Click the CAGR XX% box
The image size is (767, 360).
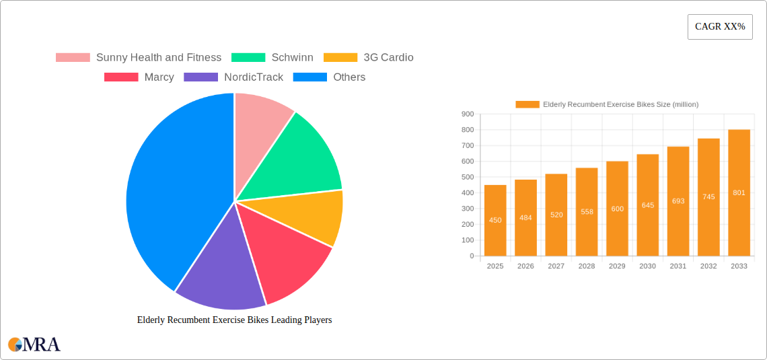coord(720,27)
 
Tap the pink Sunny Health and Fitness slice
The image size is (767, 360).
coord(260,118)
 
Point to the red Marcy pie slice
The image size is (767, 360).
coord(286,259)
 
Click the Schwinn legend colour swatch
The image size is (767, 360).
coord(248,58)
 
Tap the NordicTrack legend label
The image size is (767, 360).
coord(254,77)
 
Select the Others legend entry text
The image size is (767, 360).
coord(349,77)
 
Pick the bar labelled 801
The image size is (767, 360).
coord(739,192)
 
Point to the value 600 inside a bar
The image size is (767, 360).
coord(617,209)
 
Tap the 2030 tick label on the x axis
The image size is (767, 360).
coord(647,266)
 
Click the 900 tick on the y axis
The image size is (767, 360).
coord(468,114)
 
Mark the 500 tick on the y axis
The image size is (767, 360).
coord(468,177)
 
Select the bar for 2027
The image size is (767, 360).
coord(556,215)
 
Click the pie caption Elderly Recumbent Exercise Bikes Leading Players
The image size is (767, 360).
coord(234,320)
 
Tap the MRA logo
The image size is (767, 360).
coord(34,345)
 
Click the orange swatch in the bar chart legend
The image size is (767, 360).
coord(527,104)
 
